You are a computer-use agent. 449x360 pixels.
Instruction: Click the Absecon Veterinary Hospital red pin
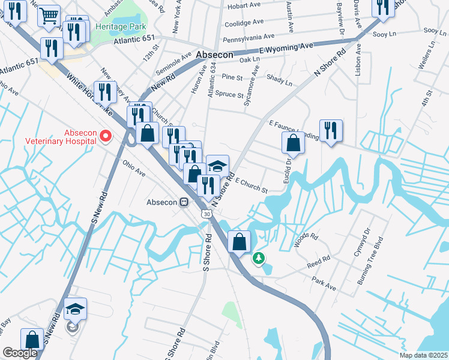[x=106, y=136]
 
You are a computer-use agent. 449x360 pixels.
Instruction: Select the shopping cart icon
[x=49, y=15]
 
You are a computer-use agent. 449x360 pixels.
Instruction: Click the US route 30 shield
[x=206, y=214]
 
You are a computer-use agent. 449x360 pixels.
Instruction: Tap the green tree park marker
[x=259, y=258]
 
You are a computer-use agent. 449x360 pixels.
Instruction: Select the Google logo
[x=20, y=353]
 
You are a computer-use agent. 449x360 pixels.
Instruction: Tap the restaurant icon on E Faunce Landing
[x=331, y=130]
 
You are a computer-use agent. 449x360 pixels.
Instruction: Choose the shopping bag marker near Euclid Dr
[x=293, y=142]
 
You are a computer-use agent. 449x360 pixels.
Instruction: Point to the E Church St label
[x=251, y=185]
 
